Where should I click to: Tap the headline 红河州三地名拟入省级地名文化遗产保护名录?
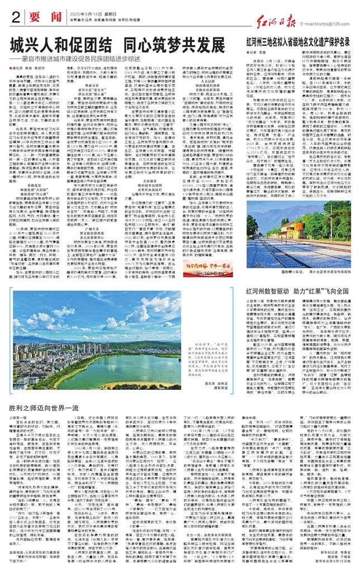[x=296, y=42]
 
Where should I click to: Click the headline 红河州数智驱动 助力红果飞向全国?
[x=297, y=292]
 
